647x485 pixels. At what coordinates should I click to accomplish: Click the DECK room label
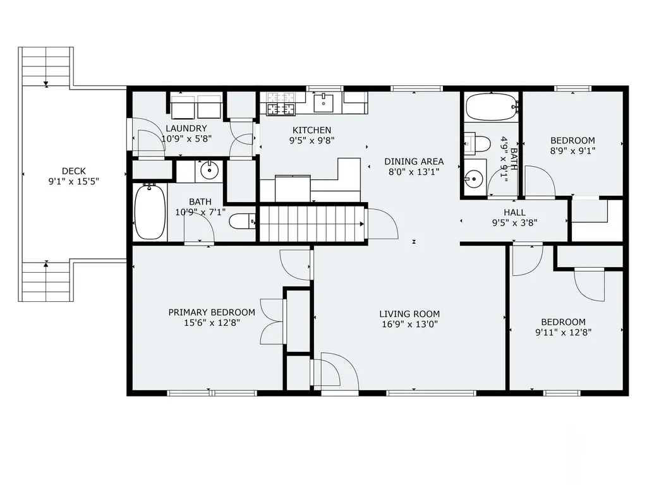(74, 171)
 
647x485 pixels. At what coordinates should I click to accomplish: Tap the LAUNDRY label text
(186, 128)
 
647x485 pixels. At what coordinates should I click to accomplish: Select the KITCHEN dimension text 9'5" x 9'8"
(311, 141)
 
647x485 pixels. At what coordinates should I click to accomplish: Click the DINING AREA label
(414, 162)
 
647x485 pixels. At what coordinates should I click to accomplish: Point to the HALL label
(514, 212)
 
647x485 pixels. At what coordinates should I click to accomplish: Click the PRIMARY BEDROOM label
(212, 312)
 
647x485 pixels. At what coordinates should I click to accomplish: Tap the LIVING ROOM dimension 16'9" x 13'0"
(409, 324)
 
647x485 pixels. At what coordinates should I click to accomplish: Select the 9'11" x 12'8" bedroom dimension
(563, 332)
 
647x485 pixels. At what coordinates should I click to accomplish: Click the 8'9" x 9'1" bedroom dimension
(572, 151)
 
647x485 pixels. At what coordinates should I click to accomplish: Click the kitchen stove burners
(282, 104)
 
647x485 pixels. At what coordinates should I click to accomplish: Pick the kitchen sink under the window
(323, 102)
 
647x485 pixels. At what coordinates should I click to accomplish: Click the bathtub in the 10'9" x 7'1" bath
(150, 212)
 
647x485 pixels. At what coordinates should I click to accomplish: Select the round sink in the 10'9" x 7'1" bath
(210, 169)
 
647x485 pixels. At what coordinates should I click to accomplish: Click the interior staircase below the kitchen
(312, 224)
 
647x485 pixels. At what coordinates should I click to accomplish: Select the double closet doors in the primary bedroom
(272, 321)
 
